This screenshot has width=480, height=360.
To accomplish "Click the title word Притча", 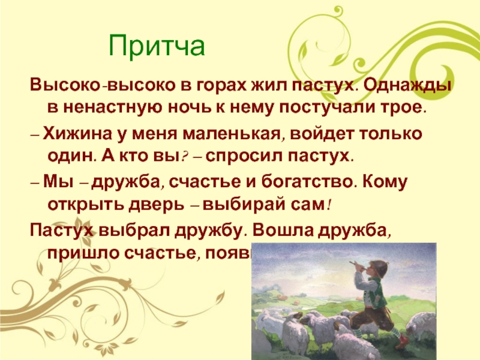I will pyautogui.click(x=157, y=46).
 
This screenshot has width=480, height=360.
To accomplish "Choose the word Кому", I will pyautogui.click(x=397, y=181).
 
